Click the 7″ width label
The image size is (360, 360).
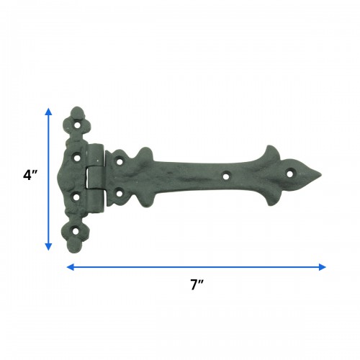[x=195, y=284]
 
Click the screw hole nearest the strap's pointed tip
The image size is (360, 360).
[x=291, y=173]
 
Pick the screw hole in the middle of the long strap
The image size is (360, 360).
[x=226, y=174]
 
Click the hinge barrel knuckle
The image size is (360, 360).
[x=95, y=176]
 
